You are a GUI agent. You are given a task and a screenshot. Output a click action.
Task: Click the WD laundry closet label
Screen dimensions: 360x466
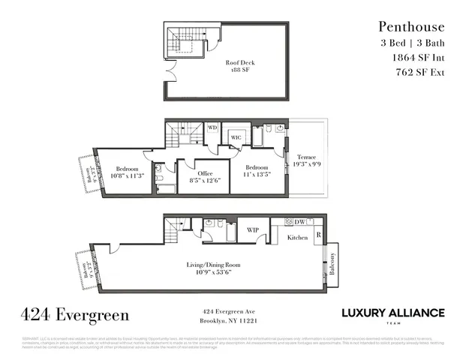pos(212,128)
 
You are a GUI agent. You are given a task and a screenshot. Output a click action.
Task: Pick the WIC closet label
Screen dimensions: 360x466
pos(235,138)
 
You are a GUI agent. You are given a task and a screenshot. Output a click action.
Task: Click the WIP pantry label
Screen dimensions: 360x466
pos(253,230)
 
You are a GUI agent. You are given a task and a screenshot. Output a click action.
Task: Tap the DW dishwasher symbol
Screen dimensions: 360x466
pos(299,222)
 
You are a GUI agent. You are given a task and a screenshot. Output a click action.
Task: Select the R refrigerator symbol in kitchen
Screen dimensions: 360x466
pos(318,235)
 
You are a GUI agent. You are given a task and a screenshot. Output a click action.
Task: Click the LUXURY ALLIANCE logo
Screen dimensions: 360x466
pos(392,314)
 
